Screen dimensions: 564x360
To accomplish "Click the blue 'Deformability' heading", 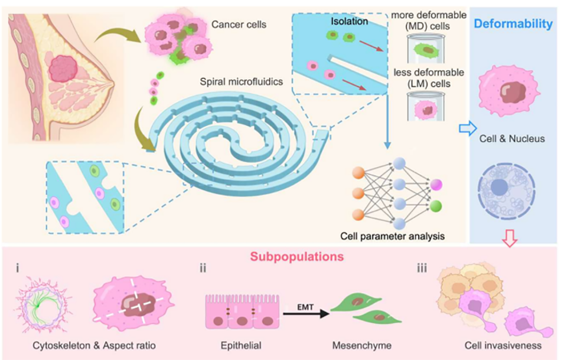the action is coord(513,24).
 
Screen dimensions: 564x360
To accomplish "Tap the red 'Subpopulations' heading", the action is coord(297,257).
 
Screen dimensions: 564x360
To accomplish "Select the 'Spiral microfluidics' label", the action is coord(242,82).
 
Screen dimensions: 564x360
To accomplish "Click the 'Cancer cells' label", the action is coord(239,24).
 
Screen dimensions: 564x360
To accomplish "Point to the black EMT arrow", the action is coord(306,313).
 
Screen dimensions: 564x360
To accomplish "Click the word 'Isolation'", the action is coord(349,21).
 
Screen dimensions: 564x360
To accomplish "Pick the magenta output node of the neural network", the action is coord(436,185).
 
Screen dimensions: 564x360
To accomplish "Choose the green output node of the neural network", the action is coord(436,206).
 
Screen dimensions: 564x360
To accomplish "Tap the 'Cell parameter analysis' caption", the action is coord(392,236).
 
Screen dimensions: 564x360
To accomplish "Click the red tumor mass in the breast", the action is coord(63,68).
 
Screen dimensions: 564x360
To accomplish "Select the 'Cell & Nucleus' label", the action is coord(512,139).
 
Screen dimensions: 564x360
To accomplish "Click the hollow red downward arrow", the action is coord(510,238).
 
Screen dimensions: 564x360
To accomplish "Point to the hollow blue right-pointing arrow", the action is coord(468,129).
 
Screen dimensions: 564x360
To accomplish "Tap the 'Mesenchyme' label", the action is coord(362,346).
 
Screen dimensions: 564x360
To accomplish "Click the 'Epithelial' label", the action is coord(241,346).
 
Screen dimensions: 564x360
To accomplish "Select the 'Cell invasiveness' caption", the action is coord(503,345).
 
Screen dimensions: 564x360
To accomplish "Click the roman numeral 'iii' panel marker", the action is coord(422,268).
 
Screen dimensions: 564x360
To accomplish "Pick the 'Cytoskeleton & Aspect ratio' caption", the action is coord(94,346).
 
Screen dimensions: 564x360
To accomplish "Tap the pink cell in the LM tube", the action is coord(426,110).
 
